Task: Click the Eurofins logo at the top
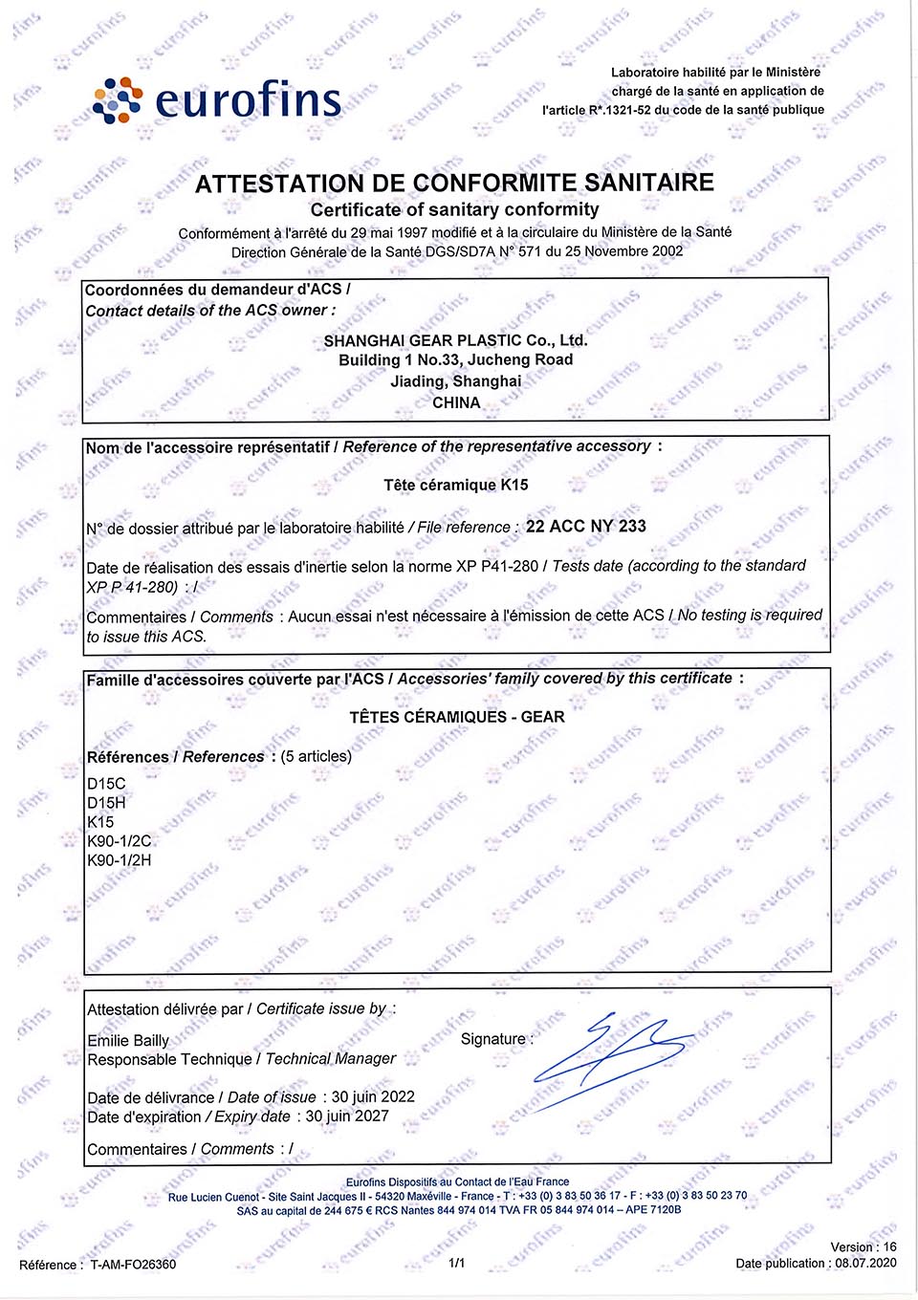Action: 217,100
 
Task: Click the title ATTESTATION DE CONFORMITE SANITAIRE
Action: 454,183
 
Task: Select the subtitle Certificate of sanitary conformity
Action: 454,209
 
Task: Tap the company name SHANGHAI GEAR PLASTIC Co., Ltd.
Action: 455,340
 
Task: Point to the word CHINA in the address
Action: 456,402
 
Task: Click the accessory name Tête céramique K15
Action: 456,485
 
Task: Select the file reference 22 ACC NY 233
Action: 586,526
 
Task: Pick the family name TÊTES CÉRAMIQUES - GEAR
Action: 456,717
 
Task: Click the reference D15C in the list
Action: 106,784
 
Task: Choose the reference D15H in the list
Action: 106,803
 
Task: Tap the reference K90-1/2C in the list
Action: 119,841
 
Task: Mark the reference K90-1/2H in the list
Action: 119,860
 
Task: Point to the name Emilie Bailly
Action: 128,1040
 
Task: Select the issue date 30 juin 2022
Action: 373,1096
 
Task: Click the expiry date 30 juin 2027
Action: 347,1116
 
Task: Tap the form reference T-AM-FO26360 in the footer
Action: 133,1265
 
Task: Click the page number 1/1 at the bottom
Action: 457,1263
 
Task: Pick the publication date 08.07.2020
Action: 865,1263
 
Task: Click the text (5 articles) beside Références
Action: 317,756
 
